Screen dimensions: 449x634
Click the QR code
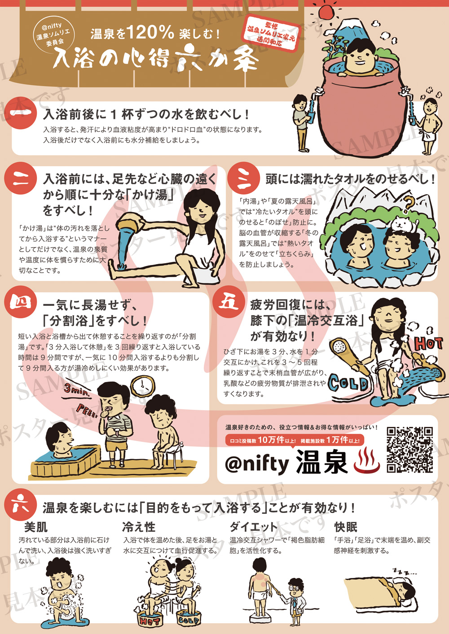410,449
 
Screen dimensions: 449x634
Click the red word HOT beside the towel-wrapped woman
428,343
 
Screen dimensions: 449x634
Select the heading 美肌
36,527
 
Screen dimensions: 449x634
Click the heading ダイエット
253,527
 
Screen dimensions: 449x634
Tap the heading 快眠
346,527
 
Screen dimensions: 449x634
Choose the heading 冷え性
139,527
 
